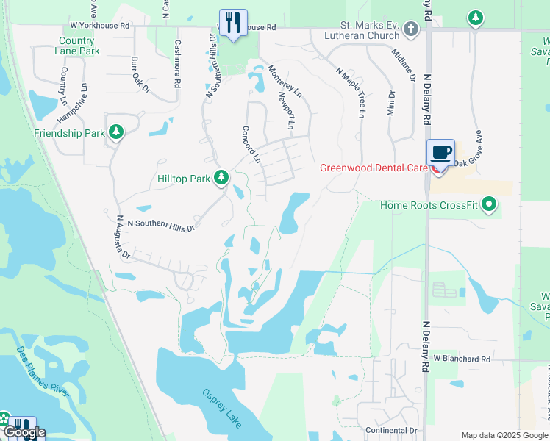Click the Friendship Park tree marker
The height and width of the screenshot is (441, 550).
click(115, 132)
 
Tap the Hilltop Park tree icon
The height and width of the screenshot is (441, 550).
click(221, 178)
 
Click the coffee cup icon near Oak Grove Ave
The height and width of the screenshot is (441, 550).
click(440, 153)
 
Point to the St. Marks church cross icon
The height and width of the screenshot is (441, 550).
click(410, 29)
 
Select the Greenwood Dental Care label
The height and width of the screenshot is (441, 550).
click(373, 168)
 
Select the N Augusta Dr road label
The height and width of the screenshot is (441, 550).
click(123, 237)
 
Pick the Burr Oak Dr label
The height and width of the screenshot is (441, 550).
click(140, 75)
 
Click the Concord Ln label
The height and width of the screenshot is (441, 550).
click(251, 144)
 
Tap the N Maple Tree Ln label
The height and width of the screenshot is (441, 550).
click(350, 93)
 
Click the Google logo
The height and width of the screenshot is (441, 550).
click(24, 432)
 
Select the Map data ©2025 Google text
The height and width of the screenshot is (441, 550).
click(504, 435)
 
